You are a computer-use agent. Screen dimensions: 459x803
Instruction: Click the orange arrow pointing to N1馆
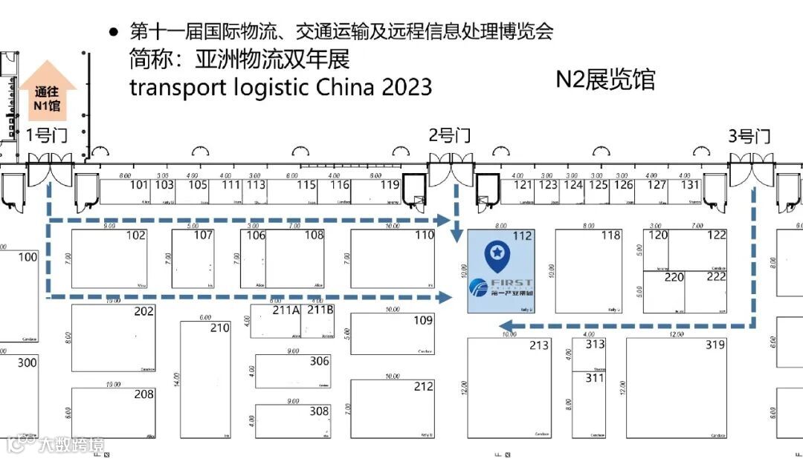[48, 90]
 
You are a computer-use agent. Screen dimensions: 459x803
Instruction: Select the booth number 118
[610, 235]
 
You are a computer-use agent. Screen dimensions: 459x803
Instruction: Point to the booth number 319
[715, 345]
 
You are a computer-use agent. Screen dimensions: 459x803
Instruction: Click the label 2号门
[450, 135]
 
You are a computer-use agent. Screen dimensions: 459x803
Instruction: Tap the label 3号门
[749, 136]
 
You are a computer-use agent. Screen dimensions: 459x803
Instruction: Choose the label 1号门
[48, 135]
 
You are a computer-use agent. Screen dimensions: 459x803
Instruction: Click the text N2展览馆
[605, 79]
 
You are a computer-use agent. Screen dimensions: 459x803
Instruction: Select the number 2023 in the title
[407, 86]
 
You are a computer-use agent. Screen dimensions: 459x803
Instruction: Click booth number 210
[220, 328]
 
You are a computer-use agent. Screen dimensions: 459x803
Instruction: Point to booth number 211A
[286, 310]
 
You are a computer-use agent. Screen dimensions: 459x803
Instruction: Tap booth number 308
[319, 411]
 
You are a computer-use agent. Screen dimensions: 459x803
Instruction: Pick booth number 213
[538, 345]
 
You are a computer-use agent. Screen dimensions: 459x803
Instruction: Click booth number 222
[716, 277]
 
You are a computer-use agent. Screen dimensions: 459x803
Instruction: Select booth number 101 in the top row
[139, 185]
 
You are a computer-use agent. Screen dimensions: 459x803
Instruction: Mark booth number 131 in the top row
[690, 185]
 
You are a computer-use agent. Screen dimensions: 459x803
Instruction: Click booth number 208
[144, 394]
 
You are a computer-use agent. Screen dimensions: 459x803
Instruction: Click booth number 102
[136, 235]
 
